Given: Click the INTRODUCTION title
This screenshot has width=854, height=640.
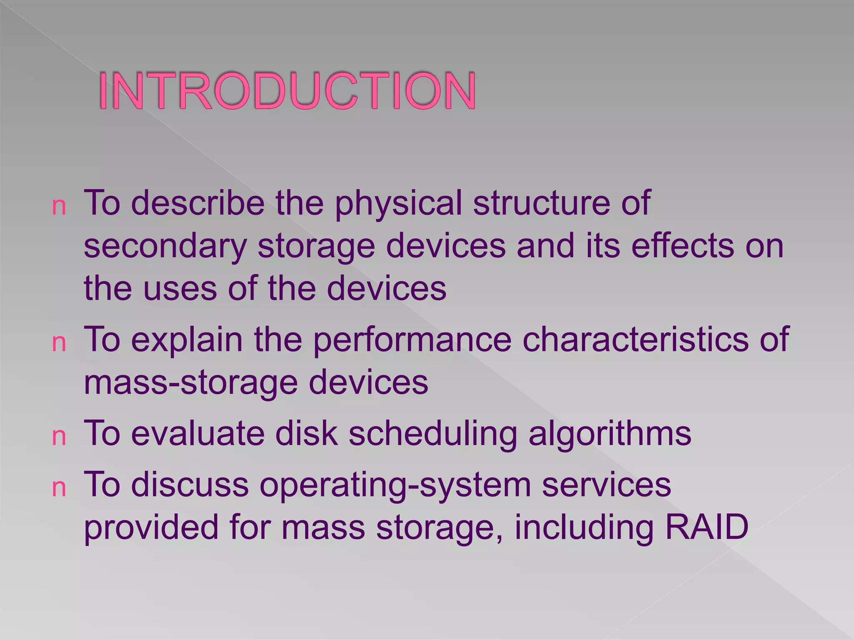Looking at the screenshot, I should pyautogui.click(x=287, y=91).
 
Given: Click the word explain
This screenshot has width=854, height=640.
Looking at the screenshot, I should pyautogui.click(x=187, y=340).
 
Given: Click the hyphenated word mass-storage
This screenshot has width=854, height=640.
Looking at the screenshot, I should pyautogui.click(x=191, y=383).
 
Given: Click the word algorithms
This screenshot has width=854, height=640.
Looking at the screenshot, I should pyautogui.click(x=610, y=434).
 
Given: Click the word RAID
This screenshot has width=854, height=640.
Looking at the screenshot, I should pyautogui.click(x=706, y=527).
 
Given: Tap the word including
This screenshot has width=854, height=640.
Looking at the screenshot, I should pyautogui.click(x=583, y=527).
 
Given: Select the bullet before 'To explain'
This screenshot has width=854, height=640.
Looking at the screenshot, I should pyautogui.click(x=59, y=344).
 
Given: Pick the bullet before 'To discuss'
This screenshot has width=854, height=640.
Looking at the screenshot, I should pyautogui.click(x=59, y=488).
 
